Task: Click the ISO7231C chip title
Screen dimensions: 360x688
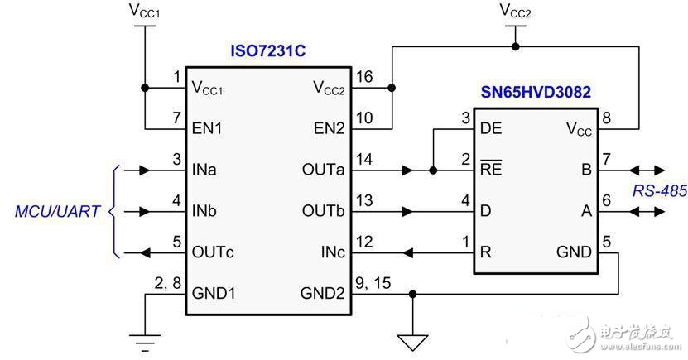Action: pyautogui.click(x=267, y=52)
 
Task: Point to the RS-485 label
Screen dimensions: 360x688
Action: pyautogui.click(x=659, y=191)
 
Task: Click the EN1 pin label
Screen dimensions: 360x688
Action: pyautogui.click(x=207, y=129)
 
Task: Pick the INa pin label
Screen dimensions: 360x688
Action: pyautogui.click(x=205, y=170)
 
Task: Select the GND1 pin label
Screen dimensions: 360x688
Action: pyautogui.click(x=214, y=292)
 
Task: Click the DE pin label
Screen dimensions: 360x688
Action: pyautogui.click(x=492, y=129)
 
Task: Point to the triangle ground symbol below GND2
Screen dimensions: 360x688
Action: pyautogui.click(x=411, y=340)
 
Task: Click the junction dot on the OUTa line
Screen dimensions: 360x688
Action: pyautogui.click(x=433, y=170)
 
